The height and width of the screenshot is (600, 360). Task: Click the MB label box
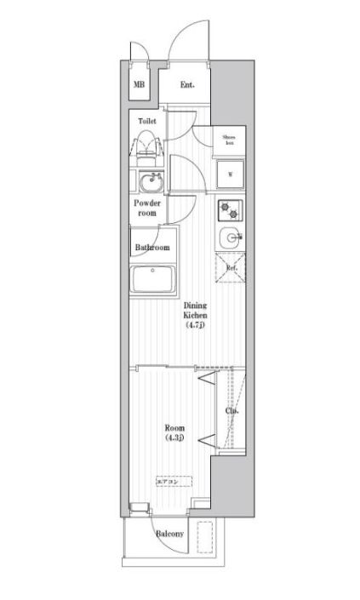(138, 85)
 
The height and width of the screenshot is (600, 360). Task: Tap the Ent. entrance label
(187, 85)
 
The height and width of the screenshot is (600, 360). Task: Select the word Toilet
(147, 121)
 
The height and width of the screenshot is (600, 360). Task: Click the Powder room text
(147, 208)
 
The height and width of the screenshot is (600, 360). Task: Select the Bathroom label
(151, 248)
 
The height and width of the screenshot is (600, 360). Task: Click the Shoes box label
(228, 140)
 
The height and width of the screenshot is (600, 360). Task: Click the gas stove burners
(229, 209)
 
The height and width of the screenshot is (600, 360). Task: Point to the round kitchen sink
(228, 238)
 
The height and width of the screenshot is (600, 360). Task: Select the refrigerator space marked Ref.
(230, 268)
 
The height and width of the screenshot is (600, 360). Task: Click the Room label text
(176, 427)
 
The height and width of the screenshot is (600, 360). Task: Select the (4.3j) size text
(176, 438)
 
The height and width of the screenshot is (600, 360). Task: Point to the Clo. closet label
(231, 411)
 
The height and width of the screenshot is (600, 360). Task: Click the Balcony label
(169, 533)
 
